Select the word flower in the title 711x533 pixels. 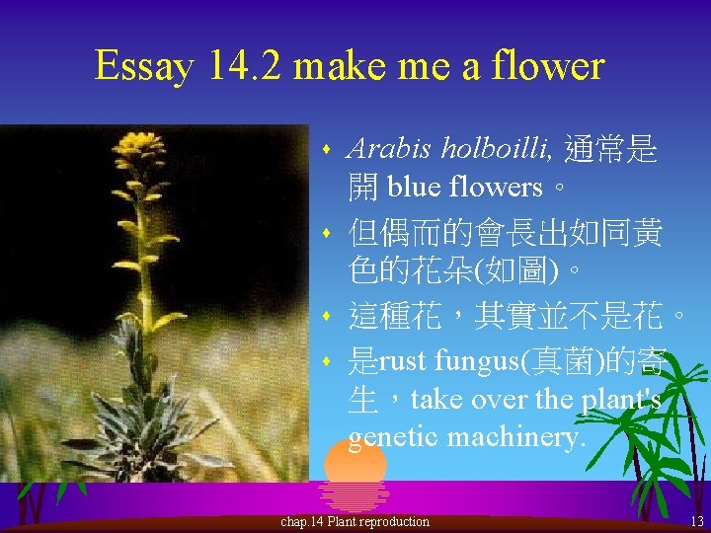(548, 67)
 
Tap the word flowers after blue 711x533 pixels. (496, 186)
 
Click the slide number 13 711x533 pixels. (696, 521)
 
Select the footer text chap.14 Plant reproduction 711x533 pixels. (355, 521)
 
